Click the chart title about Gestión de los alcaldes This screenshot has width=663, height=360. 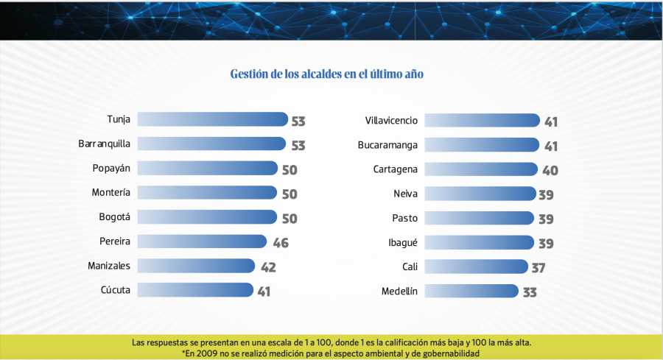(x=326, y=74)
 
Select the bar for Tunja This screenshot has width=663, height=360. (x=212, y=120)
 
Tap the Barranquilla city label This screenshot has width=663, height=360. (x=104, y=144)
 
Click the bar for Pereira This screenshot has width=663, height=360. (x=202, y=241)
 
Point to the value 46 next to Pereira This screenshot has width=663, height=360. (x=281, y=243)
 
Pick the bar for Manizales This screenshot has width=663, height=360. (x=196, y=266)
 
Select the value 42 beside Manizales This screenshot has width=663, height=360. (x=267, y=267)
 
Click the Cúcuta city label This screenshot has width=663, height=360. (x=115, y=290)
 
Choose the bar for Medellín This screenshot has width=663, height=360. (x=471, y=291)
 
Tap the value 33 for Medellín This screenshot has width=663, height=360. (x=529, y=292)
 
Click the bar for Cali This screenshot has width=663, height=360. (x=477, y=267)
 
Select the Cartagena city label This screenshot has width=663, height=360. (x=395, y=169)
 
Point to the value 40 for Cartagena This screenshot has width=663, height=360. (x=550, y=171)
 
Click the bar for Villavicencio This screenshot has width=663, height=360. (x=482, y=120)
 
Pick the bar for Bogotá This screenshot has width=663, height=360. (x=207, y=217)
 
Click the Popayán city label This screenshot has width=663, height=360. (x=111, y=169)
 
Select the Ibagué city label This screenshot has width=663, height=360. (x=401, y=242)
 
